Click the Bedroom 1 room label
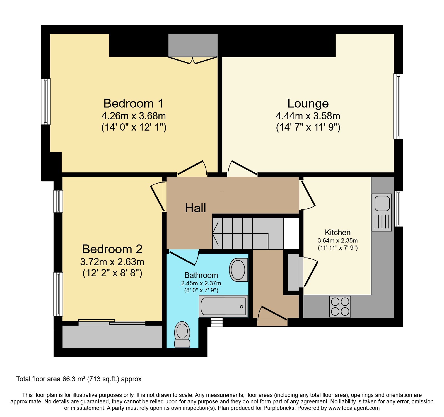(x=133, y=103)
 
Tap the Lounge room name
(x=308, y=103)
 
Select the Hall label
(x=195, y=208)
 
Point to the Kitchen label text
(x=338, y=233)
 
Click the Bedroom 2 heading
(x=112, y=249)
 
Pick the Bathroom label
(x=201, y=275)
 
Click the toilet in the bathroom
(x=182, y=334)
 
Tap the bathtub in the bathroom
(x=223, y=306)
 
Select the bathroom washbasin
(x=238, y=270)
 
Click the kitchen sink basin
(x=382, y=203)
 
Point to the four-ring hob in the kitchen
(x=340, y=307)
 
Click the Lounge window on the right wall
(x=398, y=106)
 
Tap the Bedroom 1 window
(x=46, y=102)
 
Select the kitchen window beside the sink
(x=398, y=209)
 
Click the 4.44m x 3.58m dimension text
(x=308, y=116)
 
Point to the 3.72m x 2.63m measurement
(x=112, y=262)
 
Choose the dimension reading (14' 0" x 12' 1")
(x=134, y=127)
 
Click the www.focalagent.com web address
(x=354, y=408)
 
